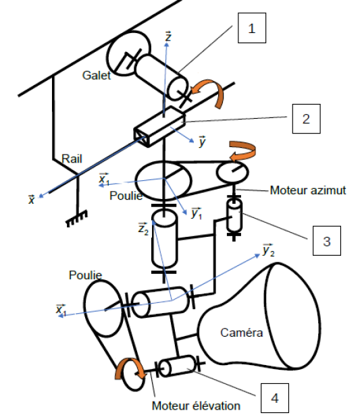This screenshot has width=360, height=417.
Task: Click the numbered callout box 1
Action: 252,28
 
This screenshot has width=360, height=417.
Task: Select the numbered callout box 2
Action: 306,119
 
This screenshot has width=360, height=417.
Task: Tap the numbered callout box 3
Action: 327,241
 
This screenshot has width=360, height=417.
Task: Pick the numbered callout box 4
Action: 275,398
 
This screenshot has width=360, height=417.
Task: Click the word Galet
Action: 97,76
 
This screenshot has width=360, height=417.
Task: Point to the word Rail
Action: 72,159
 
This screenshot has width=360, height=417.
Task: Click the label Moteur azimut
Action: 308,190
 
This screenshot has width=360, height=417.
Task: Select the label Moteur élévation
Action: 196,406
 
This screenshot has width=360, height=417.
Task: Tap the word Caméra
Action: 242,333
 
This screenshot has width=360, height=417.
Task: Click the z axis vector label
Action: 168,36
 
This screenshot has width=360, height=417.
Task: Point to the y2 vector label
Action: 268,250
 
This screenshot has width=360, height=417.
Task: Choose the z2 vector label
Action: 143,229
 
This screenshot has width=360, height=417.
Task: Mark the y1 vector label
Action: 197,213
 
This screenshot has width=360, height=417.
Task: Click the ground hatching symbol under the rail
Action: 77,218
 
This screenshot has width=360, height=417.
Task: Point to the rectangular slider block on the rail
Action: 159,126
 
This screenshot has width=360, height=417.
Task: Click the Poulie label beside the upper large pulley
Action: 126,196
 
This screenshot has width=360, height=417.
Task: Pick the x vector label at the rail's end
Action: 32,200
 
